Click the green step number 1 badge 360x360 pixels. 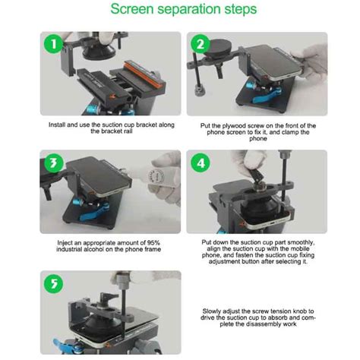click(53, 44)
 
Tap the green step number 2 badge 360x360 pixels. click(200, 44)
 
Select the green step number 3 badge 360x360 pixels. click(53, 163)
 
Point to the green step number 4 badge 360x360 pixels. click(201, 163)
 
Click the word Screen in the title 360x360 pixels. click(132, 8)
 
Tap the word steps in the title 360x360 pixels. click(241, 9)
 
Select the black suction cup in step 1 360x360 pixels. click(99, 52)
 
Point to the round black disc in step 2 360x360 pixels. click(218, 49)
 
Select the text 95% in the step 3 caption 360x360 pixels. click(153, 243)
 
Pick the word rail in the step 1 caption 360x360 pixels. click(128, 131)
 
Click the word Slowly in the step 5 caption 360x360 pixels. click(211, 311)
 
